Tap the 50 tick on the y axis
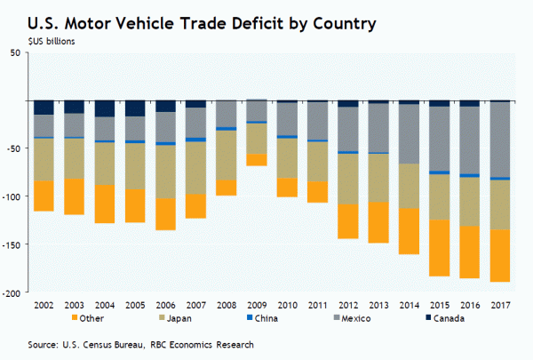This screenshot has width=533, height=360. (16, 53)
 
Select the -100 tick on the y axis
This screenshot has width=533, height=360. (12, 196)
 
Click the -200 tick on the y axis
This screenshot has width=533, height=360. (12, 292)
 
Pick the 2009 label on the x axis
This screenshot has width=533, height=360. (257, 305)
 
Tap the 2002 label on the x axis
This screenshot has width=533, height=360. (43, 305)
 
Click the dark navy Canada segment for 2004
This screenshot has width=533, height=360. (105, 108)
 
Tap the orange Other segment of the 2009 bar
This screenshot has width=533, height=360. (257, 160)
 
